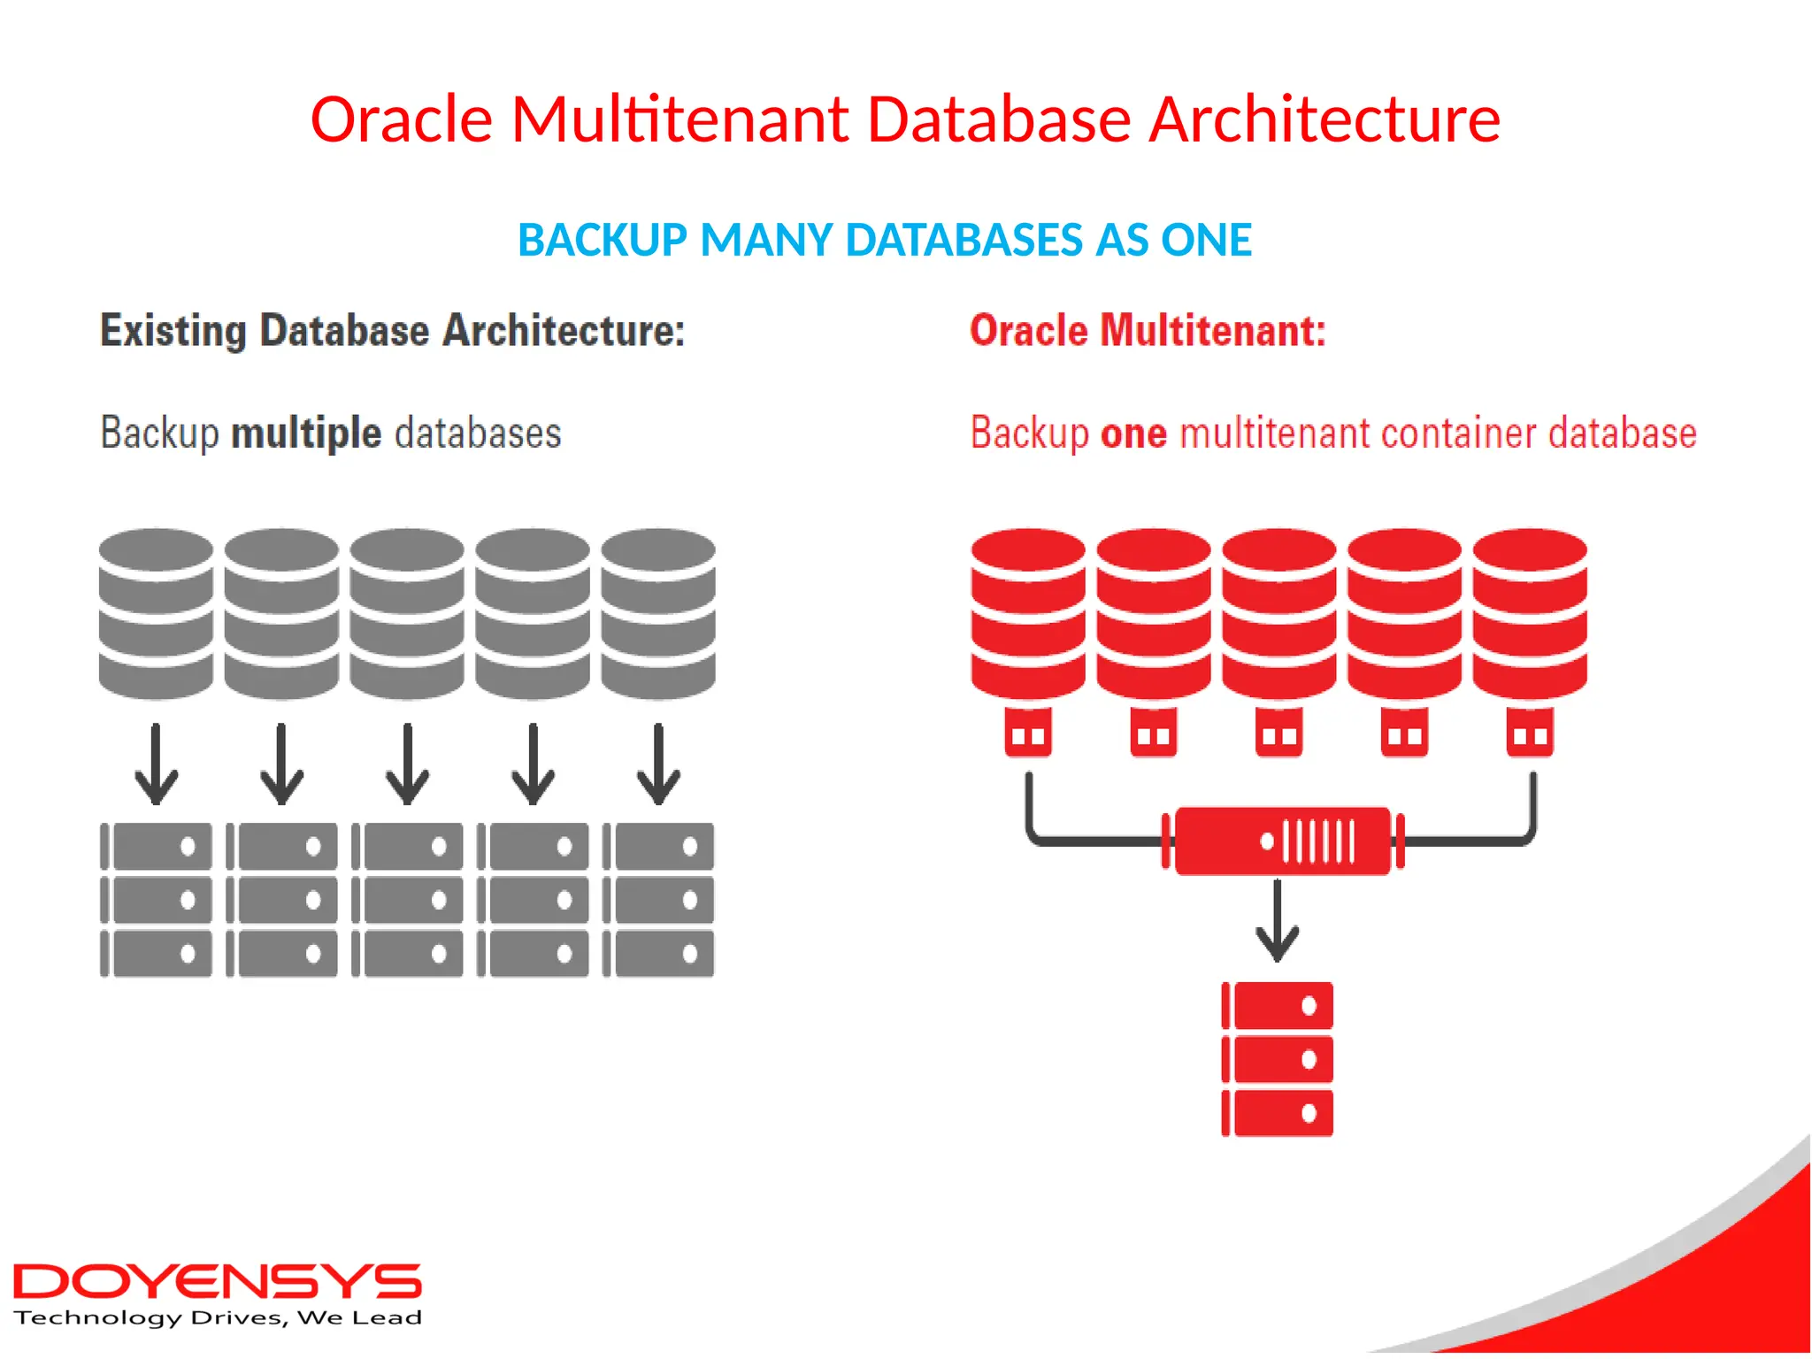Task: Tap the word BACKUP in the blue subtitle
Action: tap(602, 240)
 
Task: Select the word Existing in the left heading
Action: tap(173, 331)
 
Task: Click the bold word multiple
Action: tap(306, 433)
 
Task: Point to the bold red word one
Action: tap(1133, 434)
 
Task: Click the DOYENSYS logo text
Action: tap(217, 1281)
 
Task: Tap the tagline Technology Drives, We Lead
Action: tap(218, 1318)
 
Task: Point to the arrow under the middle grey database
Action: tap(407, 764)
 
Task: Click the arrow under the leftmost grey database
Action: tap(157, 764)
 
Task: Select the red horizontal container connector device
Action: tap(1282, 841)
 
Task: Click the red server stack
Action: tap(1278, 1058)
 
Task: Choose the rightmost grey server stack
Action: tap(658, 900)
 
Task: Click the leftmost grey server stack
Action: tap(157, 900)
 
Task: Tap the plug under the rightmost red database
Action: tap(1530, 733)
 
